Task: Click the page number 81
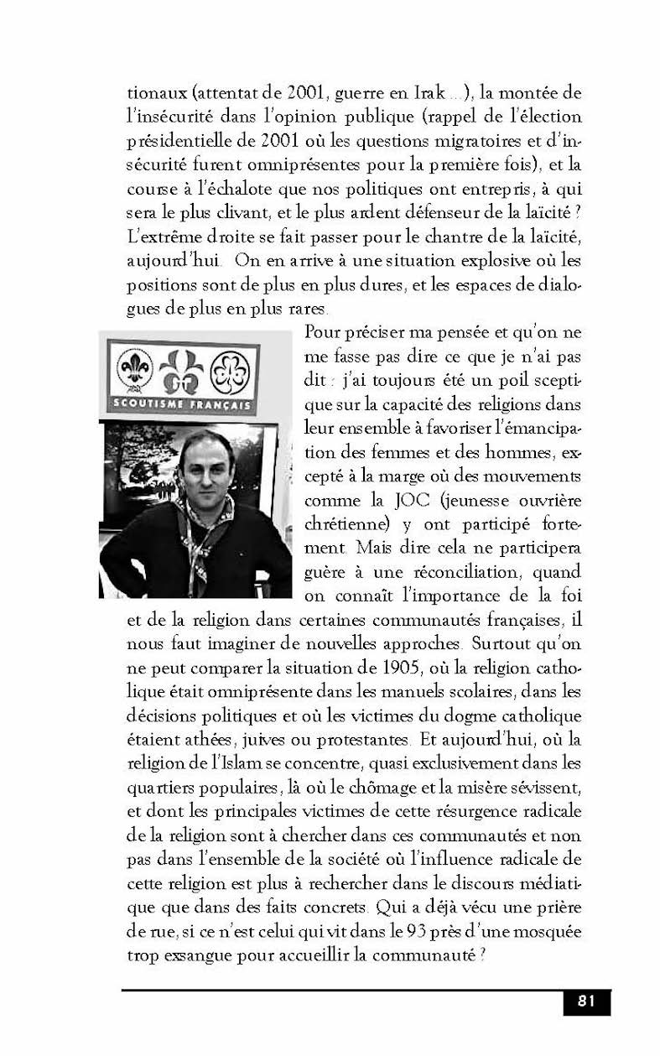click(x=586, y=1001)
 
